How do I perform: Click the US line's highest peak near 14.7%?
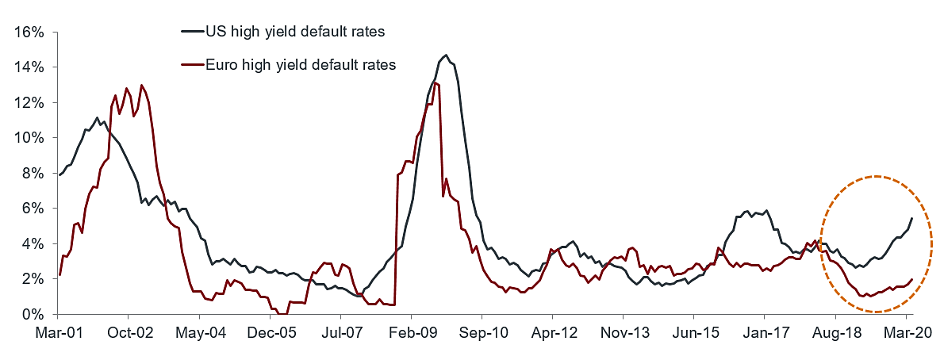pyautogui.click(x=446, y=56)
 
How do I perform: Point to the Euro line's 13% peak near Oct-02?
pyautogui.click(x=141, y=85)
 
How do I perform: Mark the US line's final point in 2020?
pyautogui.click(x=911, y=218)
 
